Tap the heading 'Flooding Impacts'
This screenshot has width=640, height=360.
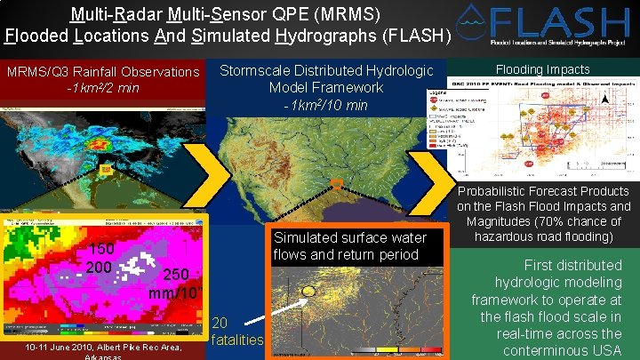point(542,70)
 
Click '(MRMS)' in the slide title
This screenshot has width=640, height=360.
point(350,14)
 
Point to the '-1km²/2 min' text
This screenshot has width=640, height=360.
point(102,88)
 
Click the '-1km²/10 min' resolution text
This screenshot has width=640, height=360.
point(325,106)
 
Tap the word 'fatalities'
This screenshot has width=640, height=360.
point(238,340)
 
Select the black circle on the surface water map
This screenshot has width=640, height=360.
point(308,291)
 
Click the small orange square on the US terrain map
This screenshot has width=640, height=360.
point(336,184)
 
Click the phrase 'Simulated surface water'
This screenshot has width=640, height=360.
point(349,238)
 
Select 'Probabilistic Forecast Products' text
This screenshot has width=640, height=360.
point(544,191)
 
